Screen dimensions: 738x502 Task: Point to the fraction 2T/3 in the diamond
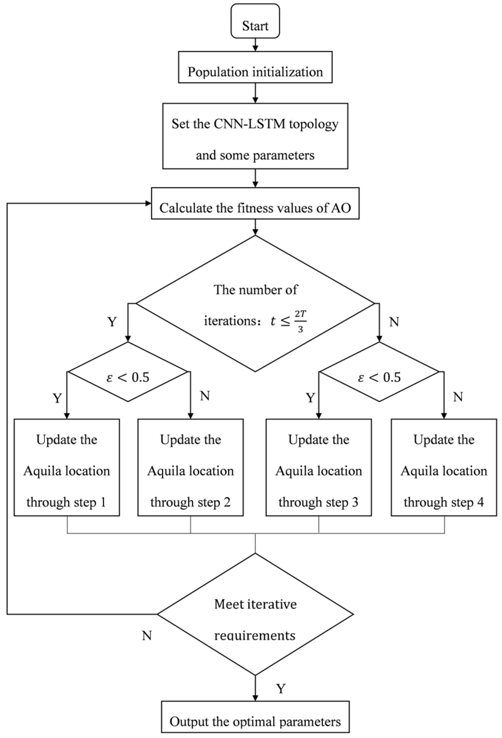pyautogui.click(x=300, y=321)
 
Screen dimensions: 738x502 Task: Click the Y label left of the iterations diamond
pyautogui.click(x=112, y=322)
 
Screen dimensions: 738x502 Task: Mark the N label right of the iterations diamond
pyautogui.click(x=394, y=322)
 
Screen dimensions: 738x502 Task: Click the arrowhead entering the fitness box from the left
pyautogui.click(x=148, y=204)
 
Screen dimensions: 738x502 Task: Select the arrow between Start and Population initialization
pyautogui.click(x=255, y=45)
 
